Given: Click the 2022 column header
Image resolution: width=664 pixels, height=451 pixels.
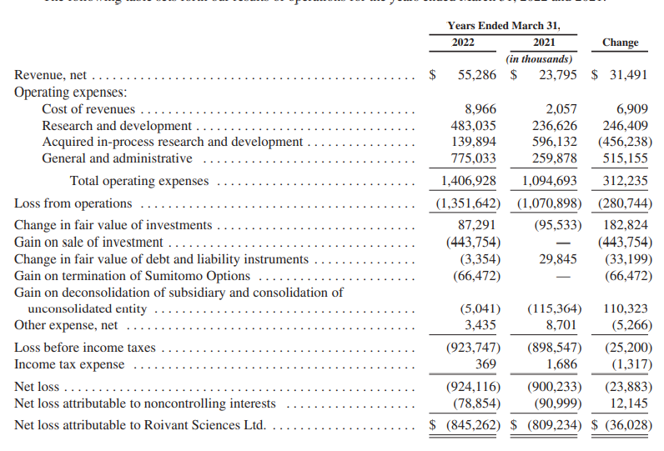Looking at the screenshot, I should pos(463,43).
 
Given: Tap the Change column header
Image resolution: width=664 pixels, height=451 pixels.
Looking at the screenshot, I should pos(620,43).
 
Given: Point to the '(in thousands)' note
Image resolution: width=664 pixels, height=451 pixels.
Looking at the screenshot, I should pos(539,59).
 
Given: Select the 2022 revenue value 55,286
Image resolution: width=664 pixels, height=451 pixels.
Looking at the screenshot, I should pos(477,76).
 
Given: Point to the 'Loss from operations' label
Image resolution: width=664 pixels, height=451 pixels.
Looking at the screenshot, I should pos(73,203).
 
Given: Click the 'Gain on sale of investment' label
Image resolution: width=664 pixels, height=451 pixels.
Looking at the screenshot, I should pos(88,243).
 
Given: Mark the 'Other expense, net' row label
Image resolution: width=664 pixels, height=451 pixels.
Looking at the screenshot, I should pos(66,325).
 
